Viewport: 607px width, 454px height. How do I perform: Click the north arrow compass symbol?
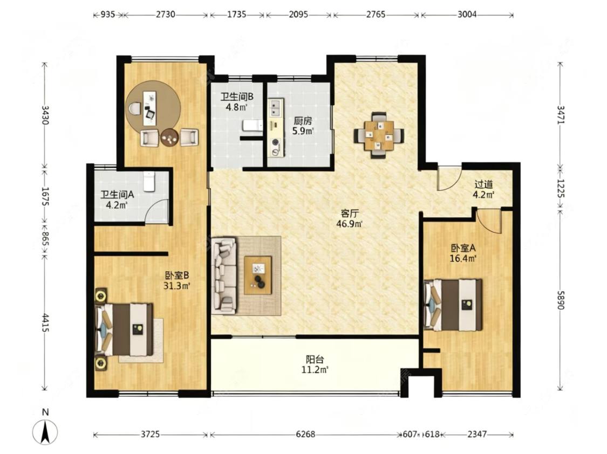click(x=45, y=431)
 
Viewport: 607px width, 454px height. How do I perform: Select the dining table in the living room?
click(x=379, y=135)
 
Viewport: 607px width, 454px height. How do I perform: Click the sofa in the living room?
click(x=224, y=276)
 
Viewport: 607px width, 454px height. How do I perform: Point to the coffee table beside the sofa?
click(x=258, y=275)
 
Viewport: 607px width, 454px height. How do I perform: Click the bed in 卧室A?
click(x=453, y=305)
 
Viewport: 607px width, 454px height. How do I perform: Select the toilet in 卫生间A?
click(x=149, y=181)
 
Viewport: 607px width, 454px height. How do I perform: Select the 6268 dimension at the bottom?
click(x=305, y=434)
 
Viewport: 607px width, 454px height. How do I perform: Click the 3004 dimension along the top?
click(x=467, y=15)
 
